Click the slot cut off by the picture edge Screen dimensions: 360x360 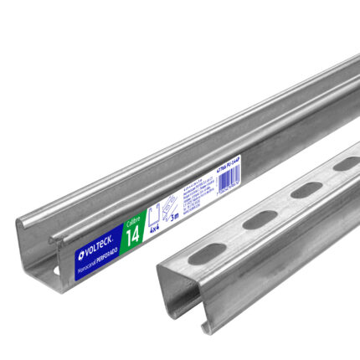(344, 166)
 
